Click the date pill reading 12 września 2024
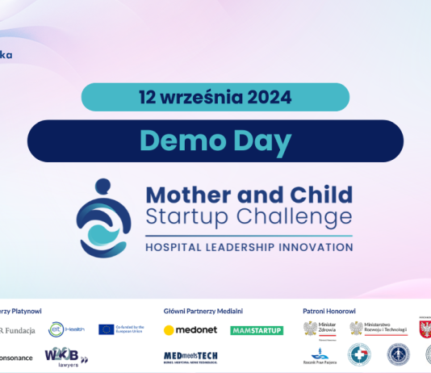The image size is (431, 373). click(215, 97)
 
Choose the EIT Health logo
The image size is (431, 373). click(65, 329)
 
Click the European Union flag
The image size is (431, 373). click(107, 329)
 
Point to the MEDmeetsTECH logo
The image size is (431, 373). click(190, 356)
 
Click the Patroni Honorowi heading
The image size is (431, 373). click(329, 310)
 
